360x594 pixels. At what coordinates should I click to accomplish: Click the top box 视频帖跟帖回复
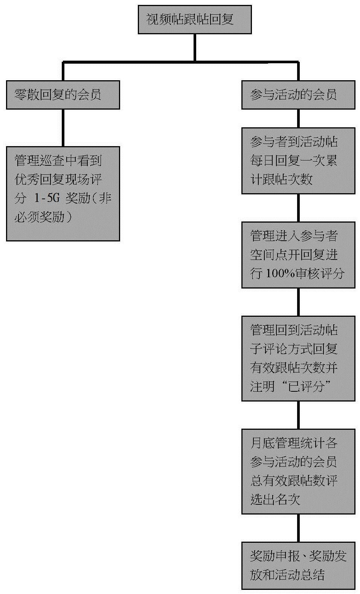click(x=194, y=20)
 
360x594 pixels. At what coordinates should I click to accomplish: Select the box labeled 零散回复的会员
click(x=63, y=95)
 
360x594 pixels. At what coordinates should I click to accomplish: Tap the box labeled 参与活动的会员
click(x=298, y=95)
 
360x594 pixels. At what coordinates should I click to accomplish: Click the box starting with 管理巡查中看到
click(x=63, y=194)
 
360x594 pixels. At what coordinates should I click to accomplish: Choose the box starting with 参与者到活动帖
click(x=298, y=161)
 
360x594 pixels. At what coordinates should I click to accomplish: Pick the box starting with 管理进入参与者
click(x=298, y=255)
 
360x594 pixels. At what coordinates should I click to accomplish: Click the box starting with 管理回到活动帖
click(x=298, y=358)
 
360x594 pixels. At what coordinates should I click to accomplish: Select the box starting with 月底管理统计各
click(x=298, y=471)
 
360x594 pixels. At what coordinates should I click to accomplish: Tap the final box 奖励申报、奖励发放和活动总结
click(x=298, y=565)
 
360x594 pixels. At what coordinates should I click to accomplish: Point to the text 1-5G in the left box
click(x=47, y=199)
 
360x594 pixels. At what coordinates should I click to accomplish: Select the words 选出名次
click(x=275, y=499)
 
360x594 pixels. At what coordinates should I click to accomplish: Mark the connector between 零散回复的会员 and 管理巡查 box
click(x=63, y=128)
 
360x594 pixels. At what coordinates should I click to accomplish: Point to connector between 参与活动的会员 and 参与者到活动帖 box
click(x=298, y=118)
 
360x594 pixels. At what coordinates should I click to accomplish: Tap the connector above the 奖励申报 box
click(x=298, y=528)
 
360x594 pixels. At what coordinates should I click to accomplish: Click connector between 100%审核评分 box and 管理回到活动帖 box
click(x=298, y=302)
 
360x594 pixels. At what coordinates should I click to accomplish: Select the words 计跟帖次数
click(x=281, y=180)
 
